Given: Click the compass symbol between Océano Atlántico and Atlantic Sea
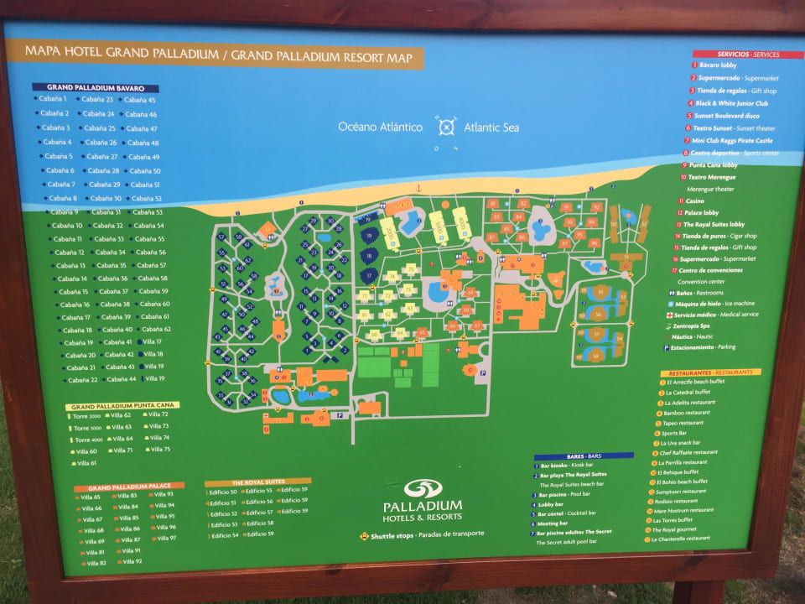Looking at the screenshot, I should tap(445, 128).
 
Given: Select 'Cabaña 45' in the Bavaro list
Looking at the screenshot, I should tap(140, 100).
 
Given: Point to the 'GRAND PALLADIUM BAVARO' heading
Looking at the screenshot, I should tap(96, 87).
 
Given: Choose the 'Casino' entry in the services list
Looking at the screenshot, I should tap(695, 200).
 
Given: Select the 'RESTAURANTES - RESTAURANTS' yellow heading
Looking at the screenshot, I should tap(710, 372).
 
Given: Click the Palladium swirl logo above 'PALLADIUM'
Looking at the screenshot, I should tap(423, 488).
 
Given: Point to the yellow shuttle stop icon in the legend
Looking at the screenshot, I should tap(364, 534).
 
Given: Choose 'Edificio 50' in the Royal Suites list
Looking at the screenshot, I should tap(223, 492).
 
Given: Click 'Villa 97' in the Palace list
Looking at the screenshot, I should tap(165, 538).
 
